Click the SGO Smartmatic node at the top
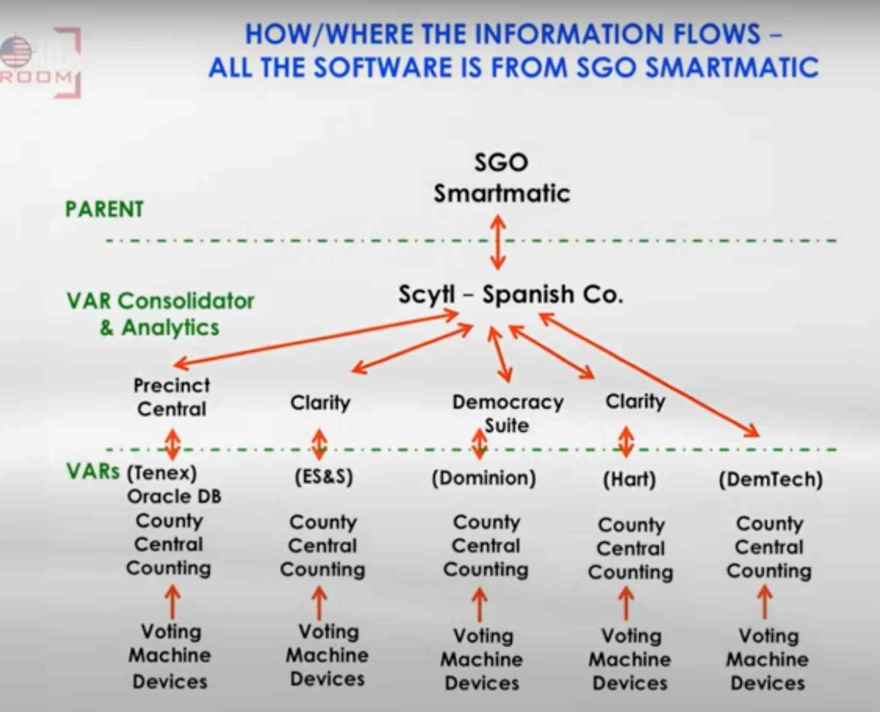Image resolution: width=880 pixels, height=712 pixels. tap(502, 177)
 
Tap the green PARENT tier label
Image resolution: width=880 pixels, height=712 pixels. tap(104, 209)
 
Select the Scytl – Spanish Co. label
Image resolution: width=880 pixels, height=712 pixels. tap(510, 294)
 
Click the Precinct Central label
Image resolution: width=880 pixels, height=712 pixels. tap(172, 397)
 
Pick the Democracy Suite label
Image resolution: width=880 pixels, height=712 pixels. tap(508, 413)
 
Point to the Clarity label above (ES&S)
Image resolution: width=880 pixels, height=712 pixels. tap(320, 402)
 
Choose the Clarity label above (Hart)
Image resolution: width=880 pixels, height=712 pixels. tap(635, 401)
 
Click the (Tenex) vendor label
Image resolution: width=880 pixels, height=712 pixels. tap(162, 473)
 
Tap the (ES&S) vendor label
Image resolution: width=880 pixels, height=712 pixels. tap(324, 477)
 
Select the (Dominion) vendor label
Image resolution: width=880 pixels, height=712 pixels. tap(484, 478)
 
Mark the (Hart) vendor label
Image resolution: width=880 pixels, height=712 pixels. tap(629, 479)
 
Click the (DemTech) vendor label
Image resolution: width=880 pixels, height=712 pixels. tap(770, 479)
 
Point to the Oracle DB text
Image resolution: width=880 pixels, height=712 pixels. tap(174, 496)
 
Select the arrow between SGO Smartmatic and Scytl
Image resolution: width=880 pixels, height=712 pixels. tap(498, 243)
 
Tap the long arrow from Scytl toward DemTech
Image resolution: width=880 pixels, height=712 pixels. tap(649, 375)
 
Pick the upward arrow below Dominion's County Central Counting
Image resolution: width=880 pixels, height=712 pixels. tap(479, 604)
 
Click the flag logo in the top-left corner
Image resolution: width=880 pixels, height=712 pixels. tap(16, 52)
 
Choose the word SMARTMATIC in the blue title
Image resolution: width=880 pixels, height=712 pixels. tap(732, 68)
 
